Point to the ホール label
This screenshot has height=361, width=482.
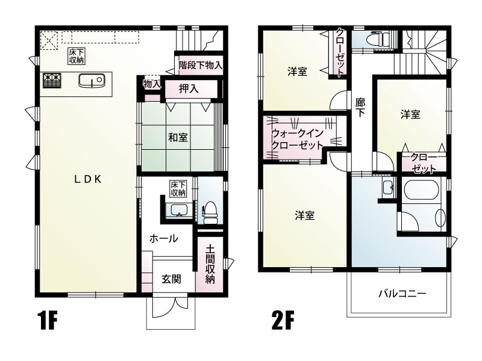pyautogui.click(x=163, y=238)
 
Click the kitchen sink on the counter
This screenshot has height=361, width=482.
pyautogui.click(x=92, y=80)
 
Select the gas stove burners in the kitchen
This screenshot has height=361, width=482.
pyautogui.click(x=51, y=79)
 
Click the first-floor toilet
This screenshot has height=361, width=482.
pyautogui.click(x=210, y=212)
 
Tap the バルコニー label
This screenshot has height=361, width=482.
pyautogui.click(x=402, y=294)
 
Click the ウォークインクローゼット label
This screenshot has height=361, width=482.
pyautogui.click(x=298, y=140)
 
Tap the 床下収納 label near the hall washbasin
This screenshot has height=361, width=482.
pyautogui.click(x=177, y=188)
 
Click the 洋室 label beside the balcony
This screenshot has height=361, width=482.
pyautogui.click(x=304, y=215)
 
